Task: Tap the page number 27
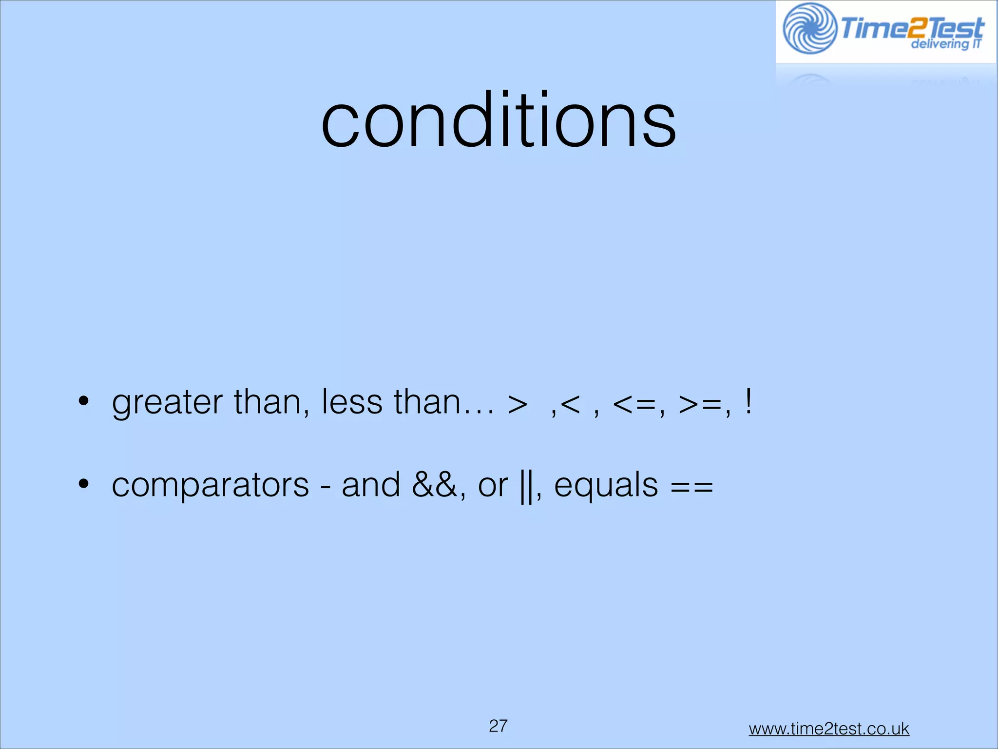(x=498, y=726)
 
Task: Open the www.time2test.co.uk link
(x=828, y=729)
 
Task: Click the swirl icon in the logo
(x=810, y=28)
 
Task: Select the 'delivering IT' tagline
(x=945, y=44)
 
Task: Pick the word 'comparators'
(x=210, y=486)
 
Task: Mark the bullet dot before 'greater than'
(x=83, y=402)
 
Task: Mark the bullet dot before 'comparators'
(x=83, y=484)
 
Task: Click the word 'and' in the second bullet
(x=371, y=485)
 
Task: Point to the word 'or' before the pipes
(x=493, y=486)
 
